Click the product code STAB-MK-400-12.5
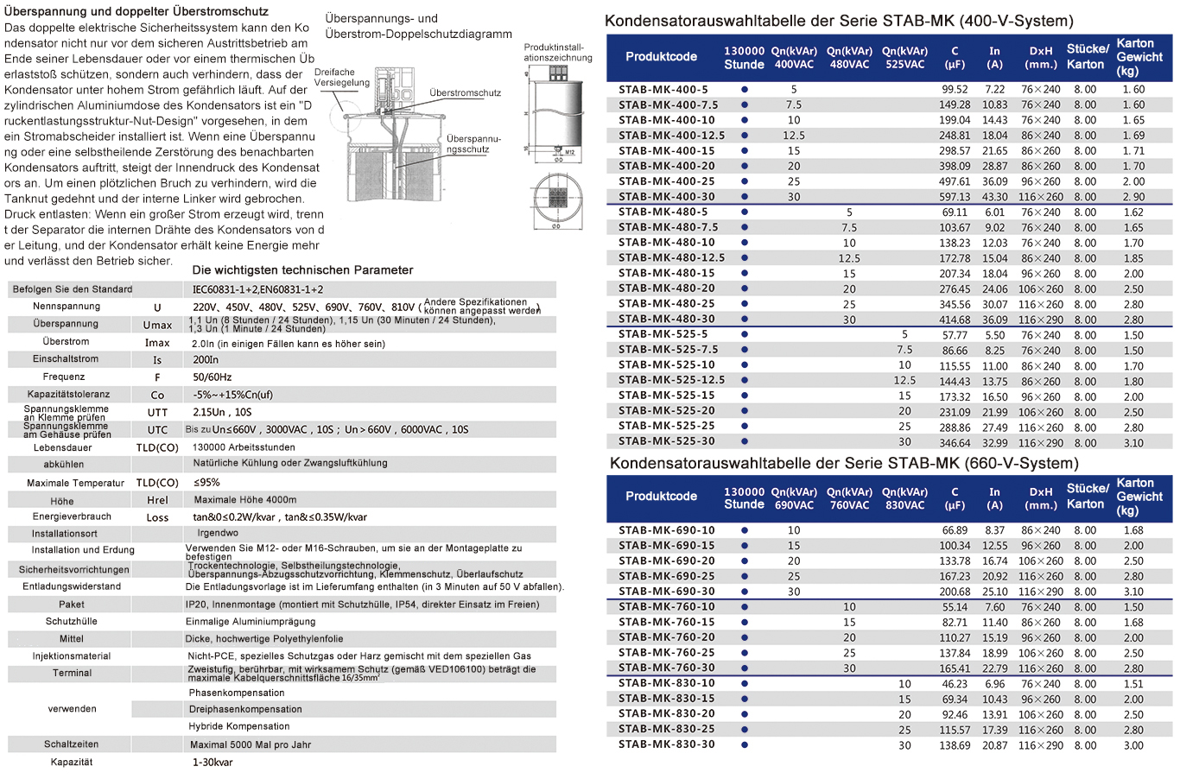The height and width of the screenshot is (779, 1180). click(671, 136)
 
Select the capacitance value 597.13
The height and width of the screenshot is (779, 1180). click(955, 197)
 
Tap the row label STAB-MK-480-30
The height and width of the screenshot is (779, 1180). click(666, 319)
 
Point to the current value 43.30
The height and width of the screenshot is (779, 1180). click(994, 197)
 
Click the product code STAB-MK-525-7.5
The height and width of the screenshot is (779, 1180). click(668, 350)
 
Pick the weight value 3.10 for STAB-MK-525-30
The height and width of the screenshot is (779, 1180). click(1133, 443)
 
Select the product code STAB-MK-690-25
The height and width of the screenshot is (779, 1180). click(666, 576)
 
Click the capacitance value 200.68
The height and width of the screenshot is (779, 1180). click(955, 592)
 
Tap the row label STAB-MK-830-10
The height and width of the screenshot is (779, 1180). click(666, 683)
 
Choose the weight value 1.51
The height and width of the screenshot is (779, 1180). click(1133, 684)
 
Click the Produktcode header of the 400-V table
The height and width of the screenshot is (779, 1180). click(661, 57)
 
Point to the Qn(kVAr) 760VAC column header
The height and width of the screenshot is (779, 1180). click(849, 498)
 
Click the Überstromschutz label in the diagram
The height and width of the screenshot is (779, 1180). click(465, 93)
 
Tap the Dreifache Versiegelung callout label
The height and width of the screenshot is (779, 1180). click(340, 78)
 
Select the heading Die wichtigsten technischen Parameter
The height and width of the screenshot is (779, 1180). click(302, 270)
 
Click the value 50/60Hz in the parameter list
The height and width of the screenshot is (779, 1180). click(213, 377)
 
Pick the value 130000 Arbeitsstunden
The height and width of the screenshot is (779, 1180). click(244, 447)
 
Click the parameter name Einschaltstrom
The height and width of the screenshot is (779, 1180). click(66, 359)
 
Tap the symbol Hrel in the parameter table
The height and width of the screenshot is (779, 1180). click(157, 500)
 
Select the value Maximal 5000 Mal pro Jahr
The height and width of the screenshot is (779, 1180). click(250, 744)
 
